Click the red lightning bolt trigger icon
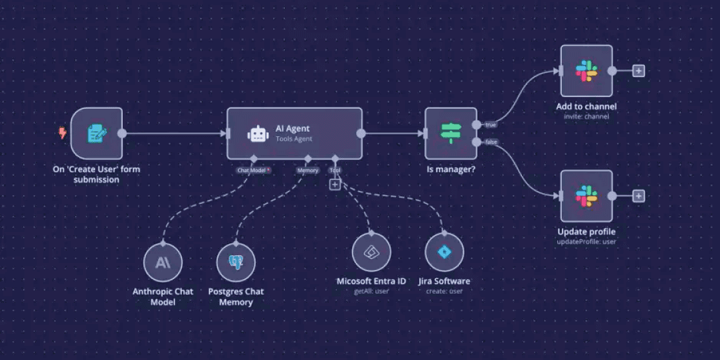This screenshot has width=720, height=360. click(62, 133)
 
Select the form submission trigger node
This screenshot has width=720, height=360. click(96, 134)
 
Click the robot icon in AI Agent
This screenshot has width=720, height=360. click(258, 134)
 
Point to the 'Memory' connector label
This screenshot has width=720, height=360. click(307, 170)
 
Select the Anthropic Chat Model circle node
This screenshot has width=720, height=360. click(163, 262)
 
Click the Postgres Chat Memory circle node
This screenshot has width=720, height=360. click(236, 262)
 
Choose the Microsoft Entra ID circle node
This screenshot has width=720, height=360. click(372, 252)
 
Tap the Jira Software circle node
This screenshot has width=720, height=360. click(444, 252)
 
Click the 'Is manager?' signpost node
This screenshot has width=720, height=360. click(451, 134)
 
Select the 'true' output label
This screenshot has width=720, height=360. click(490, 125)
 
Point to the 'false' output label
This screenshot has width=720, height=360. click(490, 142)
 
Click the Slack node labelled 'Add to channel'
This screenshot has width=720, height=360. click(586, 71)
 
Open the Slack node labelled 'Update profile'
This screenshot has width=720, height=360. click(586, 196)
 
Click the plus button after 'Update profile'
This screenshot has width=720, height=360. click(638, 196)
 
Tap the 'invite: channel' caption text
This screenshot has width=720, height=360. click(586, 116)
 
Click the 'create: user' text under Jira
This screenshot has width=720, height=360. click(444, 291)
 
